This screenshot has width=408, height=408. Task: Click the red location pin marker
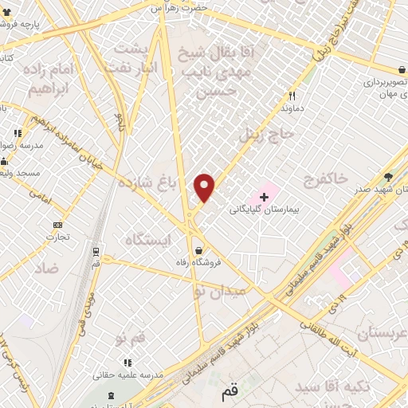coord(205,187)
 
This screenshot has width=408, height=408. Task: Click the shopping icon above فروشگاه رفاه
coord(198,249)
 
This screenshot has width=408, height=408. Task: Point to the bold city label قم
coord(229,393)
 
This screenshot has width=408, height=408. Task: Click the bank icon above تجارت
coord(57,225)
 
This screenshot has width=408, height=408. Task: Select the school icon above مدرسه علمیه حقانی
coord(127,363)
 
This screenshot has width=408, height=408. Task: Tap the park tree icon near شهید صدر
coord(388,177)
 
